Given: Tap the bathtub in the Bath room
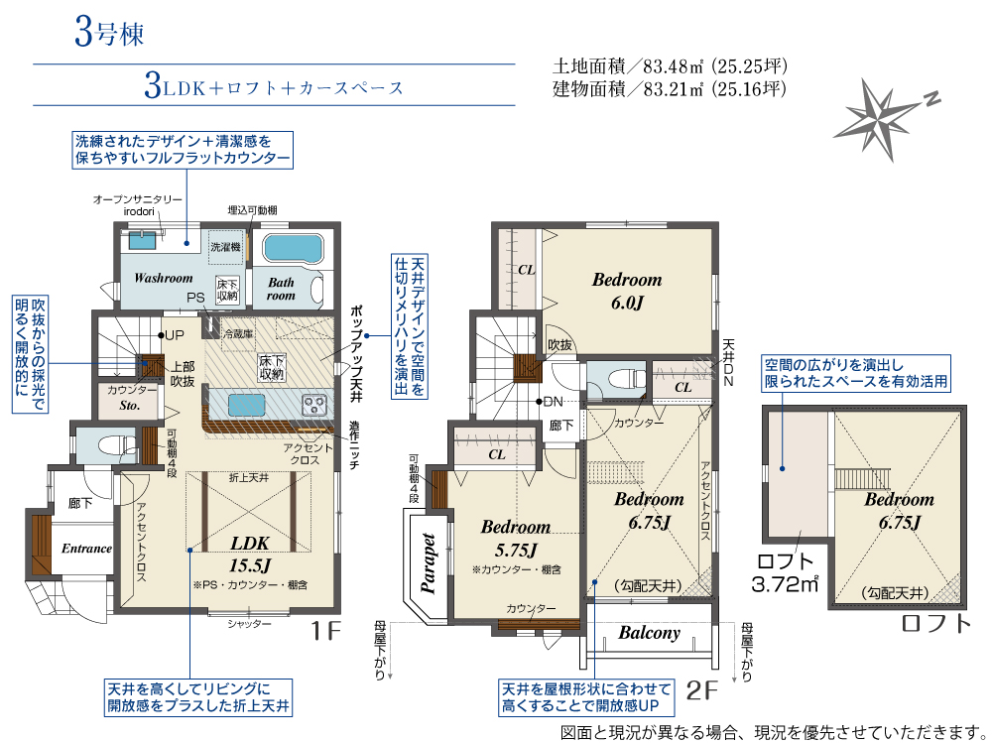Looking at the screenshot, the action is (x=293, y=248).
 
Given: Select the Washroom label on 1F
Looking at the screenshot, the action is (x=164, y=278).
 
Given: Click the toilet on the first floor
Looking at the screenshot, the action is (x=116, y=445).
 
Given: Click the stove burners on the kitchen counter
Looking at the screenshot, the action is (x=313, y=405).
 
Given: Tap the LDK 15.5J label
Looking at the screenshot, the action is (x=250, y=554).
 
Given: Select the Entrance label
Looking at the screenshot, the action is (x=86, y=549).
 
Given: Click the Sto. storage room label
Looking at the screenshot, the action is (x=130, y=406).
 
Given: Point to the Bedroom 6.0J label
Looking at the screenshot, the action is (x=627, y=291).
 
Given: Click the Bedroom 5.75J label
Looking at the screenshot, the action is (x=516, y=538).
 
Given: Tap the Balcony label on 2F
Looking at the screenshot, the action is (x=649, y=633).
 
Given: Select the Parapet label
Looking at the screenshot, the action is (x=429, y=563).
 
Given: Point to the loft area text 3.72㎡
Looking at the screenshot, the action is (x=785, y=584).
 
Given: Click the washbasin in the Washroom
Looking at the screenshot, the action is (x=142, y=240).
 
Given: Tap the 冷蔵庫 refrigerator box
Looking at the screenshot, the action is (x=238, y=333).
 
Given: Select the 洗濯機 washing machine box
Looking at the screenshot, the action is (x=226, y=247).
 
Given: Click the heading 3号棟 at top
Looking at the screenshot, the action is (x=109, y=33).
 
